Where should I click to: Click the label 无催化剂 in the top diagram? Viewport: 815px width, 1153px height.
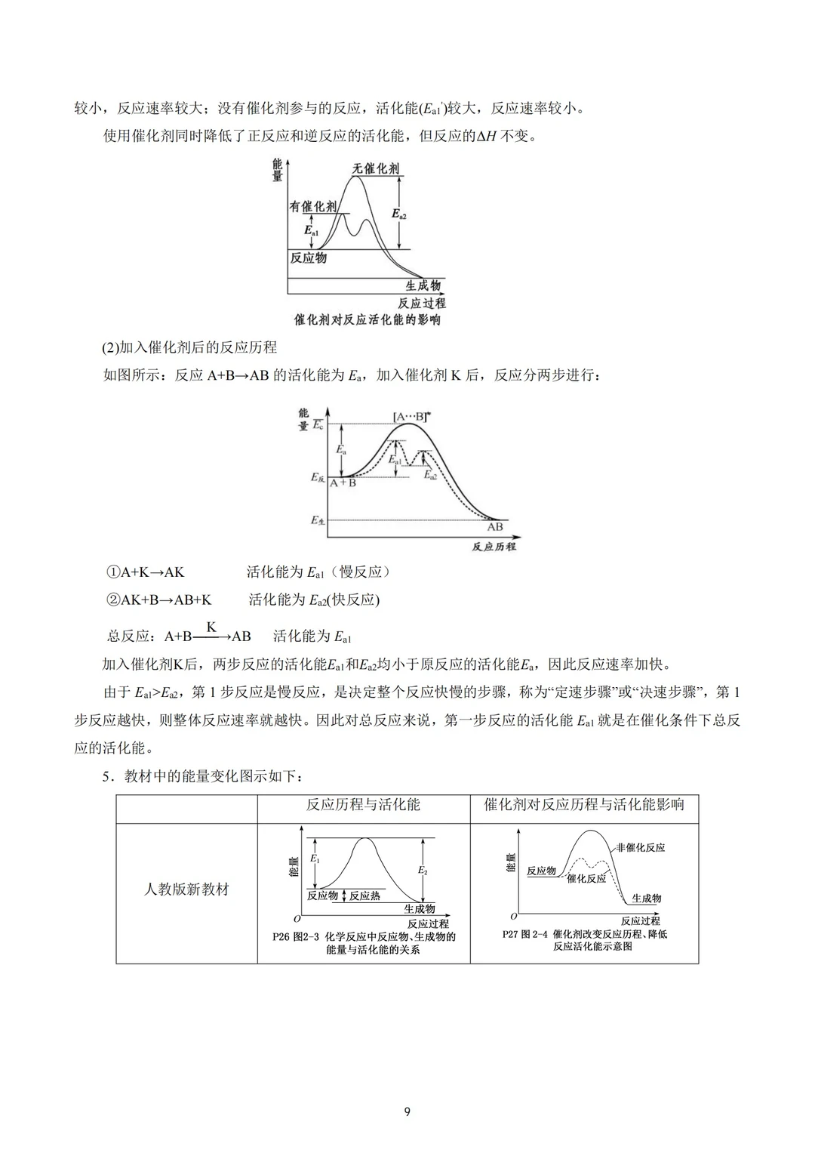376,168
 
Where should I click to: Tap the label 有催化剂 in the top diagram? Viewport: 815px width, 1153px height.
313,206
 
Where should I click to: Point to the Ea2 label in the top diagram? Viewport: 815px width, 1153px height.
399,214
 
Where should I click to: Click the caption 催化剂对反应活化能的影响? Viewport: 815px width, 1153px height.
368,320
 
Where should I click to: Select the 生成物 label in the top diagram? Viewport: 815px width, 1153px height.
423,286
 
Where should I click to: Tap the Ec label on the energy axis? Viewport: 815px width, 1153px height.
318,426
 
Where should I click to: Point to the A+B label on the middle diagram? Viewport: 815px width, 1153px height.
343,482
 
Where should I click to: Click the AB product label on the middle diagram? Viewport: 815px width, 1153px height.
494,527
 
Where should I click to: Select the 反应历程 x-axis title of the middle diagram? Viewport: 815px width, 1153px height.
494,546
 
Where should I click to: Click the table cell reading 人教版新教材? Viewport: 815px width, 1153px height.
186,889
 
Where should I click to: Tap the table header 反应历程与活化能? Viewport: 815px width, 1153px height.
363,805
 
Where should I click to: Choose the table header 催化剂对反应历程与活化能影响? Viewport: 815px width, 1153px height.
584,805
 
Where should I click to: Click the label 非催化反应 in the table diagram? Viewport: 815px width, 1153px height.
641,847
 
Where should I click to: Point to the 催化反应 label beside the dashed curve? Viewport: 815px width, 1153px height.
586,879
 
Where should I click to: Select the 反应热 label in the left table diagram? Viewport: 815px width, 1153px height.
365,896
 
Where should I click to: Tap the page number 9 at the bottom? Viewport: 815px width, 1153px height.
407,1111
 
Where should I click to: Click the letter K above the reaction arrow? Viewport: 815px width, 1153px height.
211,627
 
